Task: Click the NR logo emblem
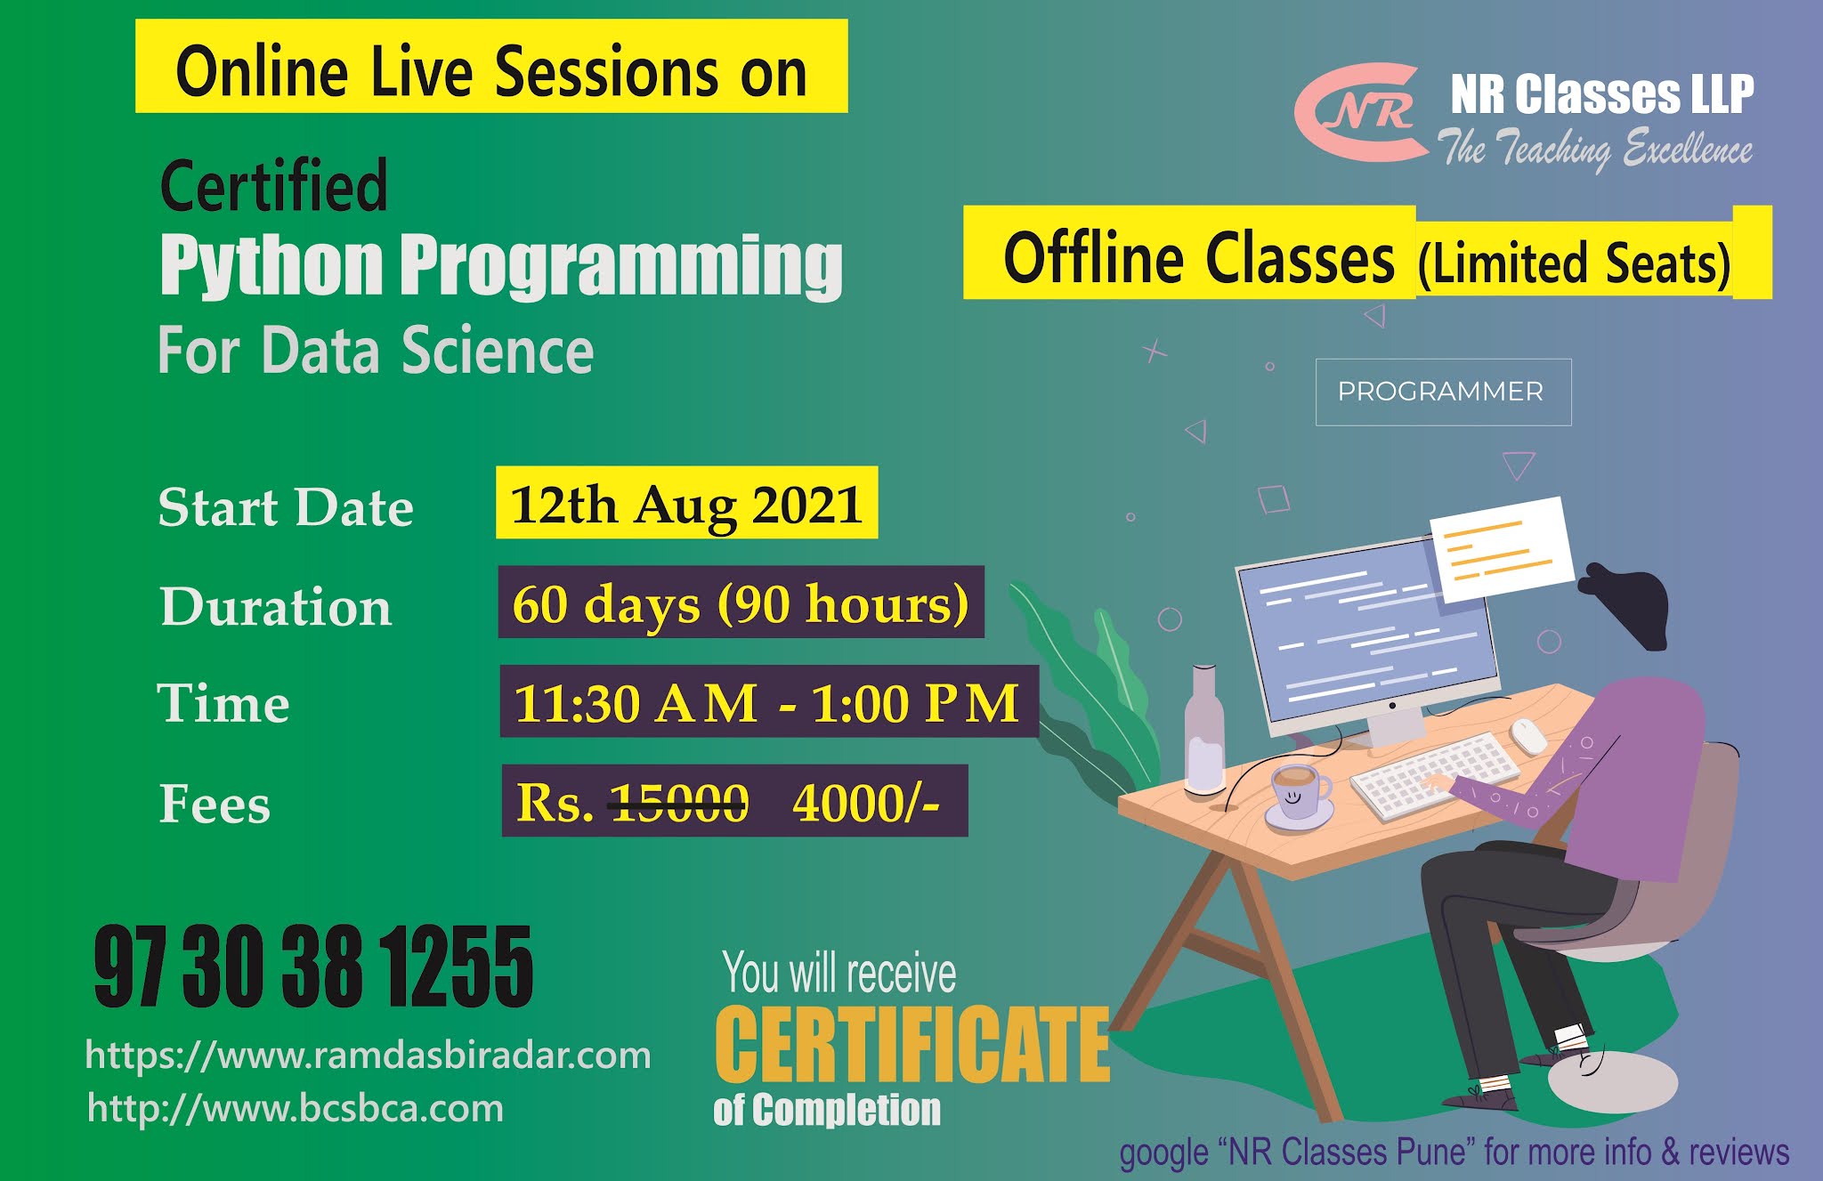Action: click(1358, 112)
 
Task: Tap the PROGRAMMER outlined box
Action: click(1443, 392)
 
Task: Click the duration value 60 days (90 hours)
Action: click(740, 603)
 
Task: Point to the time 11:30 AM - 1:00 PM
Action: click(766, 702)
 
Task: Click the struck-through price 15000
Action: click(678, 803)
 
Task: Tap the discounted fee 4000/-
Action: click(865, 802)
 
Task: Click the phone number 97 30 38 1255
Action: click(313, 967)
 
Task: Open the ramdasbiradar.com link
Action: click(368, 1056)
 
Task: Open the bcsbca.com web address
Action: click(296, 1109)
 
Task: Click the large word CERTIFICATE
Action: click(911, 1044)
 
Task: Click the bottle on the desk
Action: click(1205, 729)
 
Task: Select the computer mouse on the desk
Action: click(1528, 735)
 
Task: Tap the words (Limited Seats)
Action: click(1574, 263)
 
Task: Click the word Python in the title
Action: click(272, 265)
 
